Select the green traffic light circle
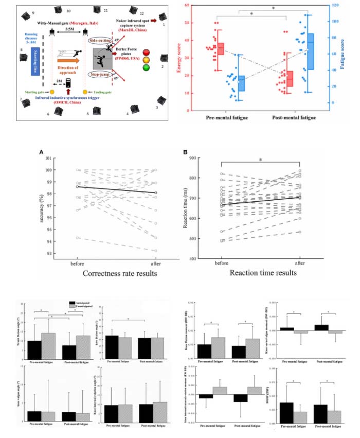[x=147, y=67]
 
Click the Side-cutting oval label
[x=100, y=40]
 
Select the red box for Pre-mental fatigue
[x=221, y=49]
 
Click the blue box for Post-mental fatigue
[x=311, y=51]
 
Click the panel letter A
[x=41, y=152]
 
